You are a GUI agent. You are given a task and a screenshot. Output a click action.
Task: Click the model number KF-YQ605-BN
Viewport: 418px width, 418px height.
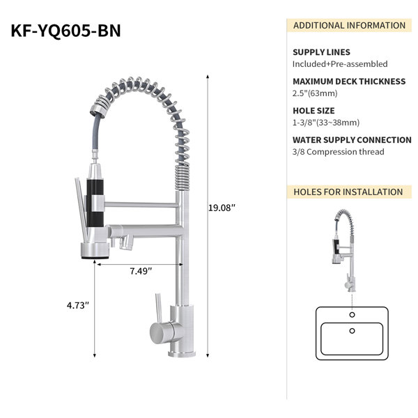coord(65,31)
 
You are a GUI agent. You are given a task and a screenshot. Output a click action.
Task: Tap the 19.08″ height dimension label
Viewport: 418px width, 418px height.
coord(222,208)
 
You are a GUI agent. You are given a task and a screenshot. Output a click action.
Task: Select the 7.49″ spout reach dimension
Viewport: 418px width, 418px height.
coord(141,271)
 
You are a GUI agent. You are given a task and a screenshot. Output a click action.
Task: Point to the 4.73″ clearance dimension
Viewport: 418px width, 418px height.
coord(77,305)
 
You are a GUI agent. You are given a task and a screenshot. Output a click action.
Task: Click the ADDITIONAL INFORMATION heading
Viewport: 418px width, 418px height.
coord(349,26)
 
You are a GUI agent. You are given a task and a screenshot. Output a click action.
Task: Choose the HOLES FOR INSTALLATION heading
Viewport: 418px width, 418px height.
coord(348,192)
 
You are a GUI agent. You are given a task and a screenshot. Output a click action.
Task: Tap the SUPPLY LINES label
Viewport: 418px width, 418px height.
coord(321,52)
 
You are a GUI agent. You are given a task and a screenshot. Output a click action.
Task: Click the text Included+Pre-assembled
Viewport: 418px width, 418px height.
coord(340,64)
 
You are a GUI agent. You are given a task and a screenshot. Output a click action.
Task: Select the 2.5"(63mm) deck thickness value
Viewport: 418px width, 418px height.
coord(315,93)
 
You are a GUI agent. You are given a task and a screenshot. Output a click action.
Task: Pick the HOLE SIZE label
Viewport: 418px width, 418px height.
coord(313,111)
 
